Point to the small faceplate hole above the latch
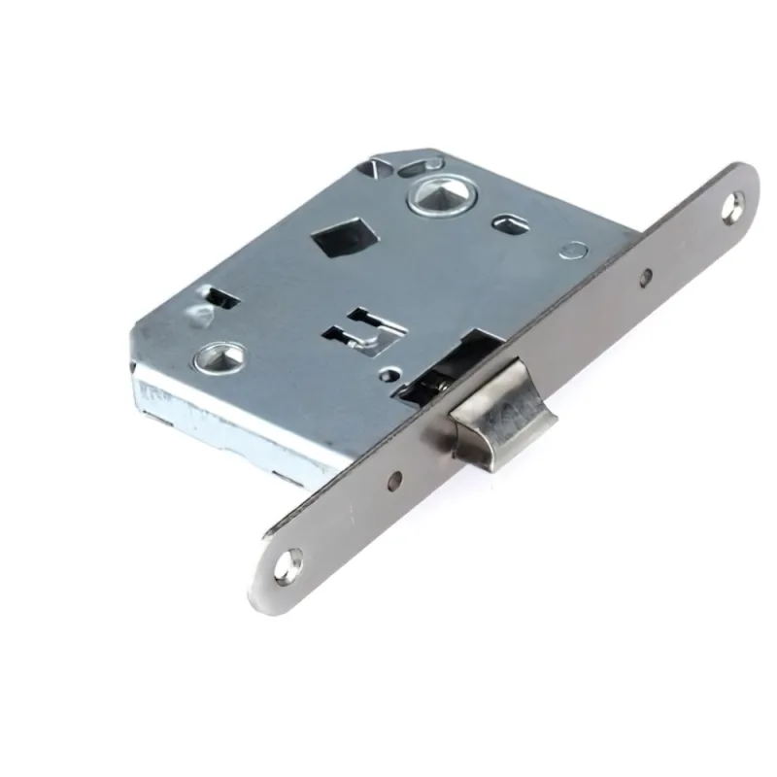coord(645,278)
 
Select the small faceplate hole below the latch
coord(394,478)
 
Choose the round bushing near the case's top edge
coord(431,198)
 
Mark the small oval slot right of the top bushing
coord(508,224)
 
